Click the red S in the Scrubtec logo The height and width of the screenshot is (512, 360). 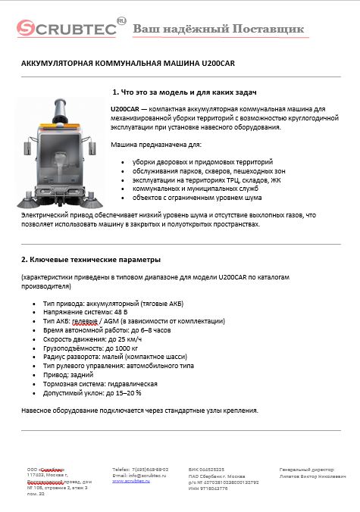pos(27,30)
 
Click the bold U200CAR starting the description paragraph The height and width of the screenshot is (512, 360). pos(124,110)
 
